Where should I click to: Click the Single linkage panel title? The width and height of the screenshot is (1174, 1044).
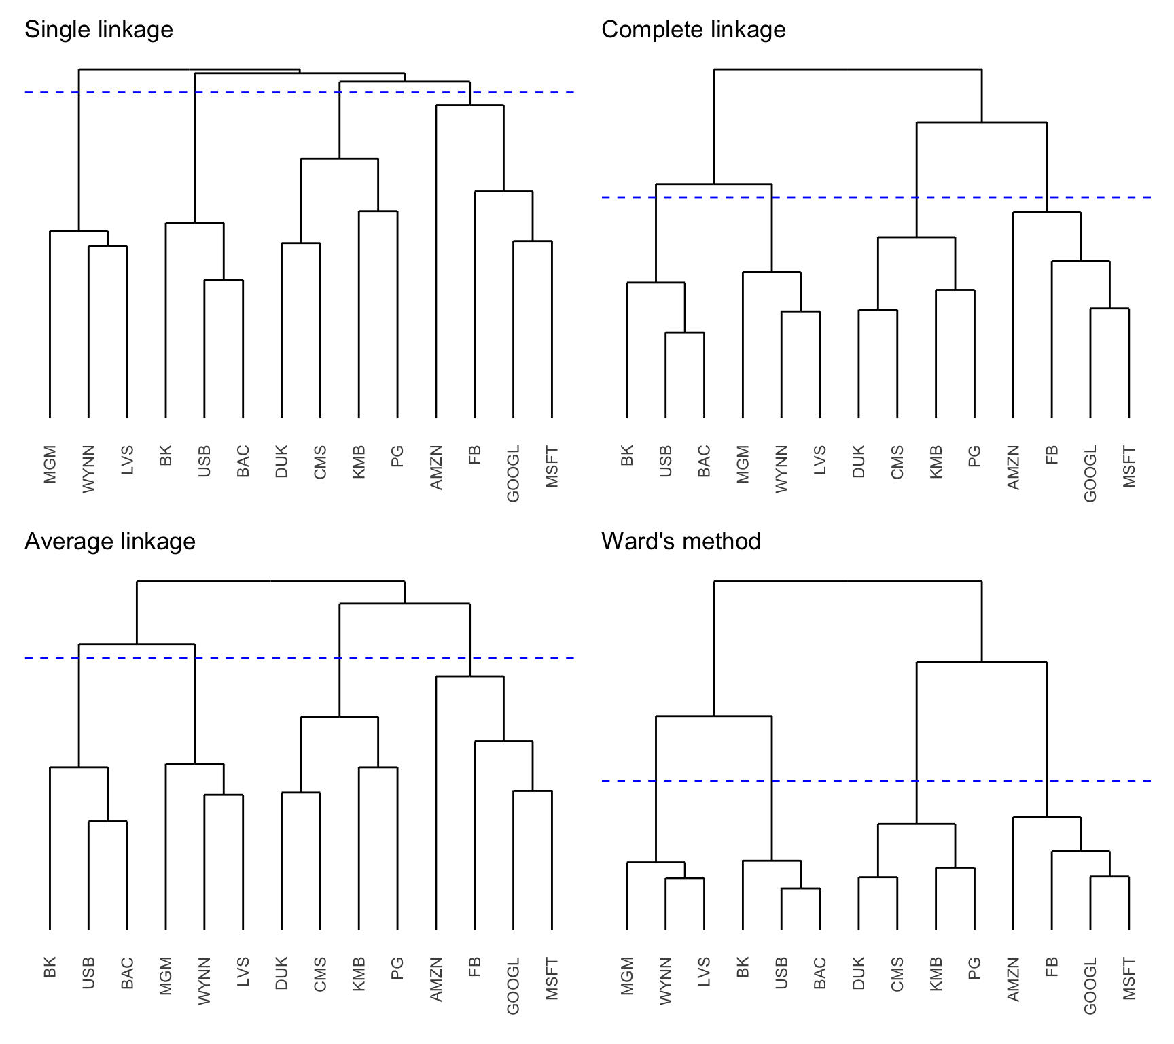[x=99, y=30]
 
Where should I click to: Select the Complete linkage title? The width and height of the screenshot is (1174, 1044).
[x=693, y=30]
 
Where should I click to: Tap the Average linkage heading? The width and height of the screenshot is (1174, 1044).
[x=109, y=542]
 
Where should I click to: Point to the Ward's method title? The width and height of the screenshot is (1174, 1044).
[x=681, y=542]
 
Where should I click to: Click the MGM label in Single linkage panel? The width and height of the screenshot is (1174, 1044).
[x=50, y=465]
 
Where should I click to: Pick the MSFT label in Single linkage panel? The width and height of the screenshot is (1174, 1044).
[x=552, y=466]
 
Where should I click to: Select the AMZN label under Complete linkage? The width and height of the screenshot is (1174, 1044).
[x=1013, y=467]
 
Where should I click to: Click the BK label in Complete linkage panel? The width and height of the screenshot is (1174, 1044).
[x=626, y=455]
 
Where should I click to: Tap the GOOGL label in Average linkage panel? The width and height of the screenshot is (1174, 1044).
[x=513, y=986]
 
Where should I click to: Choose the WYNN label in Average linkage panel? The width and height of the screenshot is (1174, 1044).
[x=204, y=981]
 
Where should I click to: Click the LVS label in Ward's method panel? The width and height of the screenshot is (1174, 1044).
[x=704, y=972]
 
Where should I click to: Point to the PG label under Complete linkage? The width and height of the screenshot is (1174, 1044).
[x=974, y=455]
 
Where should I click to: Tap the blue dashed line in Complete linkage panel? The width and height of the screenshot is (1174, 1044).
[x=849, y=198]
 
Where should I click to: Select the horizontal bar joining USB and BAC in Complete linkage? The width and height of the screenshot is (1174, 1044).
[x=684, y=333]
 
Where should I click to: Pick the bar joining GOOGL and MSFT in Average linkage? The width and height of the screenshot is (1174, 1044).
[x=532, y=791]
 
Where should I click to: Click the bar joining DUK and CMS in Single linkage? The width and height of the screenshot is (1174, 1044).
[x=301, y=243]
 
